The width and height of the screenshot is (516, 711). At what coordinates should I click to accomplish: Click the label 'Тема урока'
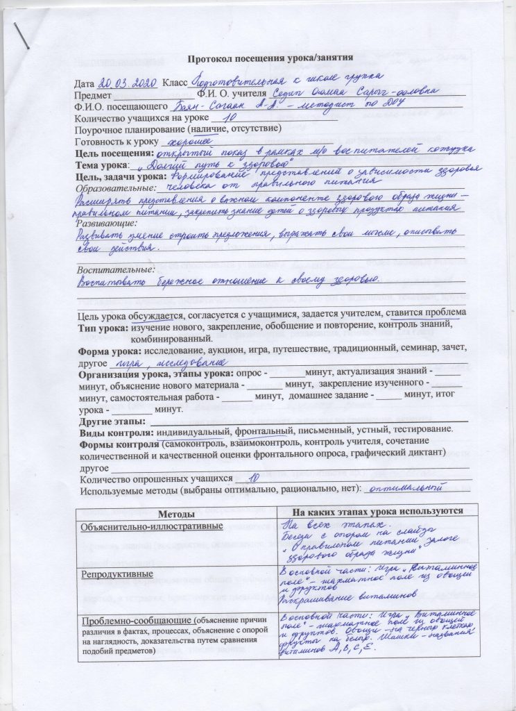pyautogui.click(x=102, y=165)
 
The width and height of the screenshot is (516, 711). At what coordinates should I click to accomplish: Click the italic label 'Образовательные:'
pyautogui.click(x=116, y=188)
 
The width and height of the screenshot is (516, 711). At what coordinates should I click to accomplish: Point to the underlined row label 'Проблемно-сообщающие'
pyautogui.click(x=134, y=620)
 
